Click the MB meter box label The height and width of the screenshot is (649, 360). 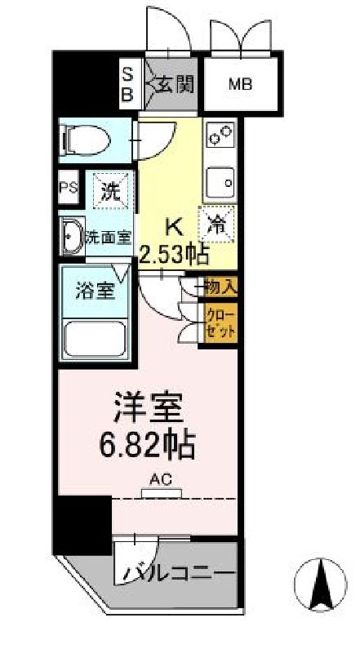(240, 84)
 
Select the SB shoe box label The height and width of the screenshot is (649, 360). (128, 82)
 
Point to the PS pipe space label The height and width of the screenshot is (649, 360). (68, 188)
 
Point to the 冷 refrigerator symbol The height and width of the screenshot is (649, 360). (219, 220)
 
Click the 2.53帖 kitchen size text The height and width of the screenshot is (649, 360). (174, 254)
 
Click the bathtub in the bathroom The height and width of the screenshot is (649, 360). (96, 337)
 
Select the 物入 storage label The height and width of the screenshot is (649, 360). (220, 287)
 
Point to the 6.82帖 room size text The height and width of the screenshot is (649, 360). (147, 445)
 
